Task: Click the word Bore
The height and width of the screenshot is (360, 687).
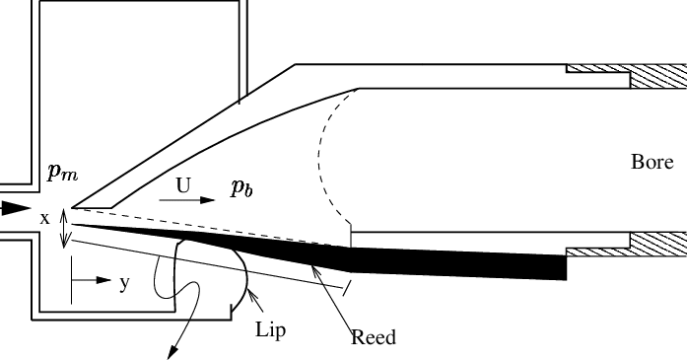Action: (652, 162)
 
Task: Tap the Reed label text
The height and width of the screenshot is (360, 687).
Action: (374, 337)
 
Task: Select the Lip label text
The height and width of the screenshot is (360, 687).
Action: (270, 329)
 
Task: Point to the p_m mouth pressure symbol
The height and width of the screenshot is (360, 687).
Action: (62, 175)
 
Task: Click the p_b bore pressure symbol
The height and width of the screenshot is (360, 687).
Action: (242, 188)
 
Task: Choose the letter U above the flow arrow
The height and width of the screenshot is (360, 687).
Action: (183, 184)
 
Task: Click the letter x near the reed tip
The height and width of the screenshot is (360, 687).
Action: (44, 218)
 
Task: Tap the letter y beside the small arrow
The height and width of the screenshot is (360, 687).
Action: (124, 283)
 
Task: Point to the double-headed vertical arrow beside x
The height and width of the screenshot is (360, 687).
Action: (66, 227)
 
